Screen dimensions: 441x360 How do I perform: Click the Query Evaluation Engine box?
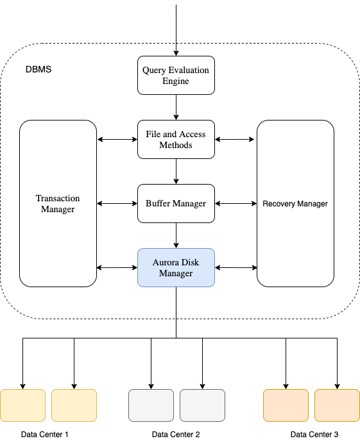[x=176, y=75]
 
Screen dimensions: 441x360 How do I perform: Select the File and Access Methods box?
[x=176, y=139]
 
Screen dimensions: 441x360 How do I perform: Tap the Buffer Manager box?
[x=176, y=203]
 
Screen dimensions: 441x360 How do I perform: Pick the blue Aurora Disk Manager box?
[x=176, y=267]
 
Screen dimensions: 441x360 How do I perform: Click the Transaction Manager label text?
[x=58, y=203]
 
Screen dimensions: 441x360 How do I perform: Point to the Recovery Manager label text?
[x=295, y=204]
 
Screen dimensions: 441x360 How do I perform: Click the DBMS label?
[x=38, y=69]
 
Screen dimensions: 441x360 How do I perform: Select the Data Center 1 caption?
[x=44, y=434]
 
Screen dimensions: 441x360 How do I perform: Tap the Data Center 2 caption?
[x=176, y=434]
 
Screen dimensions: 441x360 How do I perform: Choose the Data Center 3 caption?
[x=314, y=434]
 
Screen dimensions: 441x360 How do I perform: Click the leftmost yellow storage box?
[x=23, y=405]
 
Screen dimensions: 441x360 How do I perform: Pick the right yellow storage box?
[x=74, y=405]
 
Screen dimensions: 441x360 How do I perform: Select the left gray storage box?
[x=151, y=405]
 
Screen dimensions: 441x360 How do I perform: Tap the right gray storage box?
[x=202, y=405]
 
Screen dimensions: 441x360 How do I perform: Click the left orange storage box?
[x=286, y=405]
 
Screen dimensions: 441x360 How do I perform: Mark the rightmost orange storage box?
[x=337, y=405]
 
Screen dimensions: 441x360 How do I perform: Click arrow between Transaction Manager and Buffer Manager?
[x=117, y=203]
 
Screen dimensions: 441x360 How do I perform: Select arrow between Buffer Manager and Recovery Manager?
[x=236, y=203]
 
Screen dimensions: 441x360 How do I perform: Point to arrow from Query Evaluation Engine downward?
[x=176, y=106]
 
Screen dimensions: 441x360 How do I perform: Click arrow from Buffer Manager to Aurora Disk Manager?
[x=176, y=235]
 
